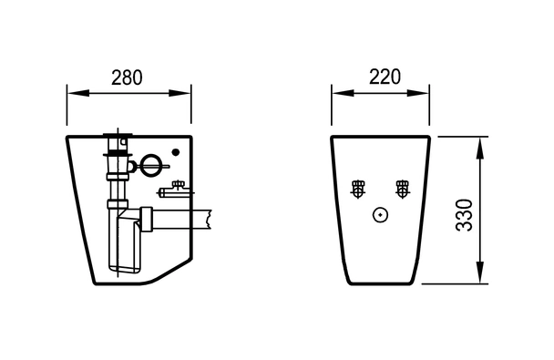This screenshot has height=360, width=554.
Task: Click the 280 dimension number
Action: (127, 77)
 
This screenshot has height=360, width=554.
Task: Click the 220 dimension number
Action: (385, 77)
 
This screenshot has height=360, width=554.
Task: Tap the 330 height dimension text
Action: (464, 215)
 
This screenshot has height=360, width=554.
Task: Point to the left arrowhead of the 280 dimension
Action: (78, 93)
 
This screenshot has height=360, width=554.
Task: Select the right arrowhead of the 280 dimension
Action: (180, 93)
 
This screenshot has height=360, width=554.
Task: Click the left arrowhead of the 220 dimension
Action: (343, 93)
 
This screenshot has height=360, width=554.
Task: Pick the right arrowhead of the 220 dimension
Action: (418, 93)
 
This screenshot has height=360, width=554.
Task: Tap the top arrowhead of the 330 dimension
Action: (479, 148)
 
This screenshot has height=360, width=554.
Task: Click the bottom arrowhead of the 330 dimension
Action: (479, 272)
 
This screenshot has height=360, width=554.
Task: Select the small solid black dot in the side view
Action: (176, 152)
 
